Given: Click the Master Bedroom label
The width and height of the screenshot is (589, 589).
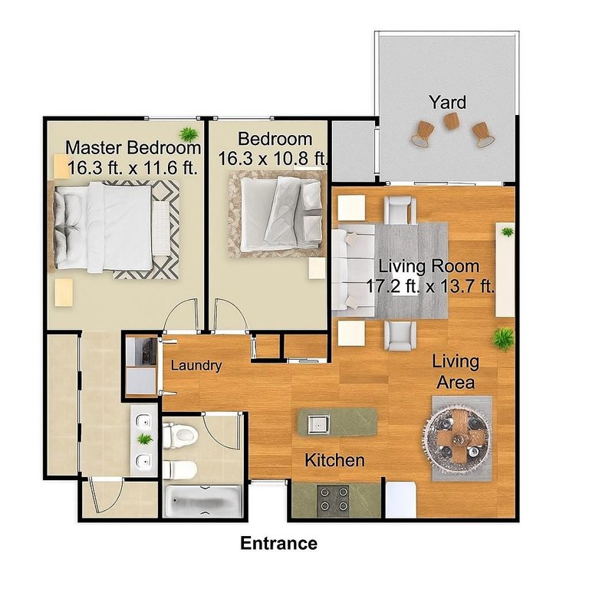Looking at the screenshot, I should [x=133, y=147].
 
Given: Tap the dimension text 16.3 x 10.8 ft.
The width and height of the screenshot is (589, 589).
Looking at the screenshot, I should [x=274, y=159].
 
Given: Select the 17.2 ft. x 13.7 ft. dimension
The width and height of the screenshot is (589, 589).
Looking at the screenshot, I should [x=429, y=287].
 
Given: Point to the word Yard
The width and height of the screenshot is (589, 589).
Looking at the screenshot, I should [x=447, y=102].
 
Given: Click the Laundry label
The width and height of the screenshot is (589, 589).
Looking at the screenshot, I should [x=196, y=366].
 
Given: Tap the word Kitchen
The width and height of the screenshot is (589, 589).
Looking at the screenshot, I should [x=334, y=461].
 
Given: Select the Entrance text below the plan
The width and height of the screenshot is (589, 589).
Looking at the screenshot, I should [x=278, y=544].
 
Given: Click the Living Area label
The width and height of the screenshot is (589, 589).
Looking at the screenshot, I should [x=456, y=371].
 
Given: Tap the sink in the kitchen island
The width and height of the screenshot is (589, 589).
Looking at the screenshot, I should [x=318, y=421].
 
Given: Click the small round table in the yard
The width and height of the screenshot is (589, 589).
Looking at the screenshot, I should [x=452, y=121].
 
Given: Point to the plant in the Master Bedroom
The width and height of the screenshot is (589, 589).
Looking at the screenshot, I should [x=187, y=131].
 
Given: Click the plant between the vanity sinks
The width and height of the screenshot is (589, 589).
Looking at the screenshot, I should [x=144, y=439].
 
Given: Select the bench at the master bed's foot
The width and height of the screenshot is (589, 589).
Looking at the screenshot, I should [x=162, y=228].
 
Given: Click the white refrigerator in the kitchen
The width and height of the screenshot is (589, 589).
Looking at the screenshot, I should [x=400, y=500].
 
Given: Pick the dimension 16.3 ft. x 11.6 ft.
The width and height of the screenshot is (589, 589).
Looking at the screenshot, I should [x=133, y=167].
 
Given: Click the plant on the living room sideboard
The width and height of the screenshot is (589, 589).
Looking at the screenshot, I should [x=507, y=231].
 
